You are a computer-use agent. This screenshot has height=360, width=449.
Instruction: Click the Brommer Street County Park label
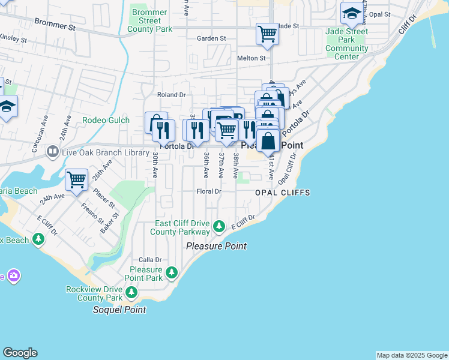point(150,20)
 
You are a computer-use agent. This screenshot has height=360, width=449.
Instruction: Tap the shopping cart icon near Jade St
point(267,34)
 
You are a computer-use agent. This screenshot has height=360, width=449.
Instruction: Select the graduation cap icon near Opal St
point(351,13)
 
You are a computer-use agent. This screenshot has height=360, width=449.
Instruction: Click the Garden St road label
point(211,38)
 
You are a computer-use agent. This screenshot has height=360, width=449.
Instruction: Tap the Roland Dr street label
point(171,95)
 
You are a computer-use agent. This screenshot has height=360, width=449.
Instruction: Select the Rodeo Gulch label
point(106,120)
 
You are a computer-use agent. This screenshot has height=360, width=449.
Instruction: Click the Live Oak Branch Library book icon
point(53,152)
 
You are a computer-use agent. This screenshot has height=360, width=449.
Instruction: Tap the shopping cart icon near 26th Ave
point(77,179)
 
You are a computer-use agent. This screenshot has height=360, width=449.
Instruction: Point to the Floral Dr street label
point(209,191)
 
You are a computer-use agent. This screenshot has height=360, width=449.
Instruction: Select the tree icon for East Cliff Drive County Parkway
point(220,226)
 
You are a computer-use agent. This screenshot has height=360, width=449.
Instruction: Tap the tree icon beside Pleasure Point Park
point(172,273)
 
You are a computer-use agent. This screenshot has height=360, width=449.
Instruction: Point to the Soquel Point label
point(119,310)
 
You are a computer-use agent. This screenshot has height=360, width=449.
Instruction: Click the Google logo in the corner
point(20,353)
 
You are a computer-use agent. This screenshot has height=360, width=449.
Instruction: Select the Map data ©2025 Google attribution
point(412,355)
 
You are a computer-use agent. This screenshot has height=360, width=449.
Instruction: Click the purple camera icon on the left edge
point(13,276)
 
